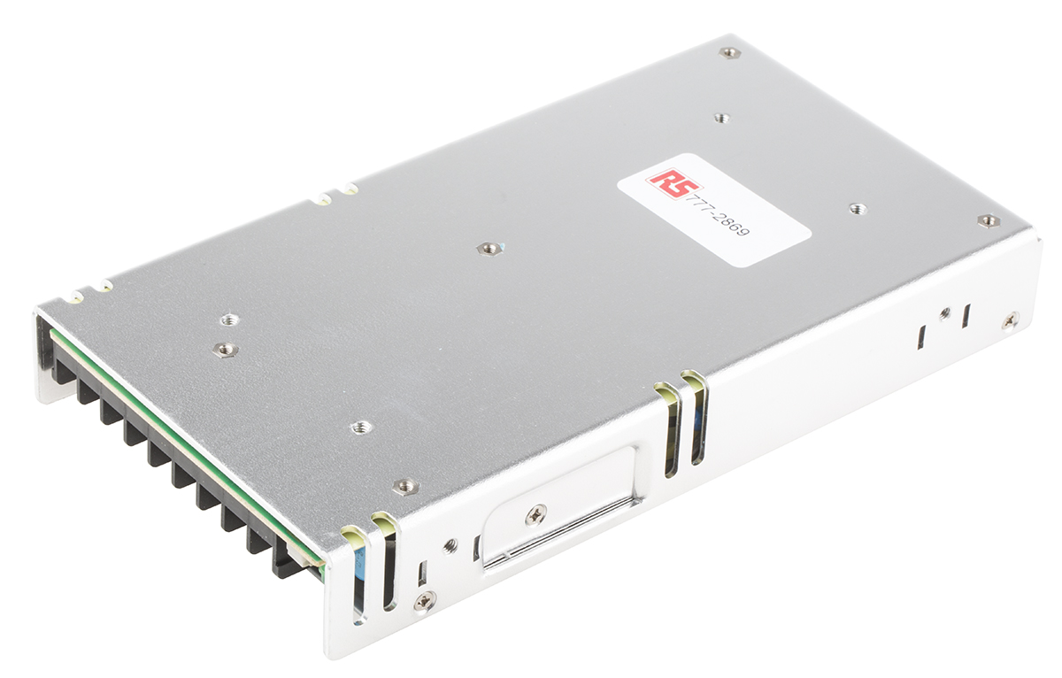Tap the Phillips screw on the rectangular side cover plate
tap(535, 514)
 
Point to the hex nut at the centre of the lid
tap(489, 248)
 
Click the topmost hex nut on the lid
tap(729, 52)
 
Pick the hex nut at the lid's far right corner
tap(989, 220)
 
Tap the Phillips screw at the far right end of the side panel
tap(1011, 320)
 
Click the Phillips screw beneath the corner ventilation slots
tap(425, 601)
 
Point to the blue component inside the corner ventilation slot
tap(359, 574)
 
